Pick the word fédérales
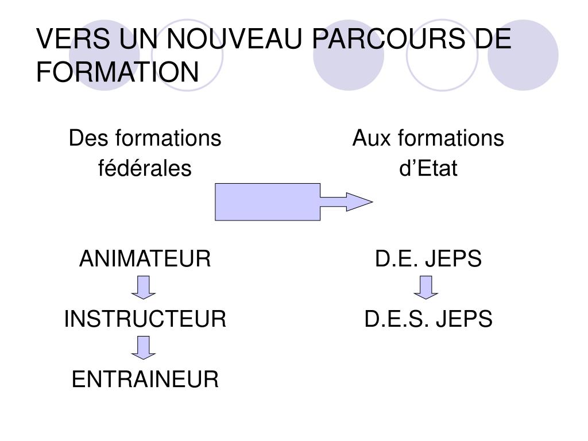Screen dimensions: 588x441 point(145,169)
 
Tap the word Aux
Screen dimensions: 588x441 point(370,138)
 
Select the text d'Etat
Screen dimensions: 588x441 point(428,169)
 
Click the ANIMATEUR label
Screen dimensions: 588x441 point(145,260)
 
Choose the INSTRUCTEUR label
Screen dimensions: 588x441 point(145,319)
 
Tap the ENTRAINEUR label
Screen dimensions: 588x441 point(145,379)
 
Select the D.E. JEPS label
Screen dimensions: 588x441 point(428,260)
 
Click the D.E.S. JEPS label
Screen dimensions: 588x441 point(428,319)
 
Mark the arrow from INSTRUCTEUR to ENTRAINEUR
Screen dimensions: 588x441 point(144,347)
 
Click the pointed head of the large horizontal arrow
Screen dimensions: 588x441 point(359,202)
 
